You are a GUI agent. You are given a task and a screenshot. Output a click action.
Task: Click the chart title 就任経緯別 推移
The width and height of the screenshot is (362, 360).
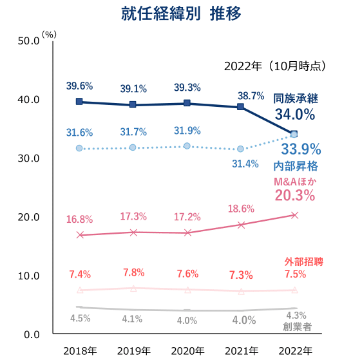point(181,14)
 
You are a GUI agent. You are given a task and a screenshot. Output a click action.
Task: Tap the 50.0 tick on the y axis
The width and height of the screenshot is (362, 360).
point(28,41)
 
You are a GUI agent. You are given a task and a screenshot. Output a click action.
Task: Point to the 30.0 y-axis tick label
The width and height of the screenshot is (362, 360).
point(28,158)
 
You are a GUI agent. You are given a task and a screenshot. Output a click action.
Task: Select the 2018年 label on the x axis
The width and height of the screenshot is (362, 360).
point(80,351)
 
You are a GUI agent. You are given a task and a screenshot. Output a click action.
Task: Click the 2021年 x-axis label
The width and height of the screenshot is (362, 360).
point(242,351)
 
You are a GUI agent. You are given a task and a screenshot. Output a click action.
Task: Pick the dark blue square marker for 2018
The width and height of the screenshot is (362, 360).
point(79,102)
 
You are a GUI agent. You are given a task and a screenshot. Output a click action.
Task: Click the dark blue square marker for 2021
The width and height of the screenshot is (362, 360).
point(240,107)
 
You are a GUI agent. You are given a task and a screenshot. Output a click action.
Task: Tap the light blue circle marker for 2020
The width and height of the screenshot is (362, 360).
point(187,146)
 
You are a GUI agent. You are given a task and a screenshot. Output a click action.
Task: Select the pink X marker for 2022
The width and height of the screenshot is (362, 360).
point(294,215)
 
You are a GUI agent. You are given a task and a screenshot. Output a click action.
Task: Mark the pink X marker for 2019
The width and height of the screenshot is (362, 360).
point(133,232)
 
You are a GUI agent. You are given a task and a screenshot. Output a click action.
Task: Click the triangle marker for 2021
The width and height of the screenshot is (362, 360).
point(242,292)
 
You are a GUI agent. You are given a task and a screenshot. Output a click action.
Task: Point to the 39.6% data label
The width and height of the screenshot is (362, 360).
point(79,86)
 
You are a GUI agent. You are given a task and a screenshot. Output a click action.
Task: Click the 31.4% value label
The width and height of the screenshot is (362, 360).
point(245,164)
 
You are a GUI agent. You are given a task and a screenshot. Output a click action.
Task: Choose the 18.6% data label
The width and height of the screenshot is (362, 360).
point(241,209)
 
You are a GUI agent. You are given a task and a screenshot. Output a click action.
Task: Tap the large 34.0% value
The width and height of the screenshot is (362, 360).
point(295,114)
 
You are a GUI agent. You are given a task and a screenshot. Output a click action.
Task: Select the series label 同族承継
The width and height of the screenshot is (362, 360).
point(296,99)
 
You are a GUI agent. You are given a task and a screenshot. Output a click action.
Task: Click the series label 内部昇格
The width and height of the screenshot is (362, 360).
point(296,166)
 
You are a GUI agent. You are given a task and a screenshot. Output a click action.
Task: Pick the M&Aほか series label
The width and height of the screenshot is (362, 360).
point(295,182)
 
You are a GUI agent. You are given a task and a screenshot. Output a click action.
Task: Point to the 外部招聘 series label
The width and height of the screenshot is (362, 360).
point(303,261)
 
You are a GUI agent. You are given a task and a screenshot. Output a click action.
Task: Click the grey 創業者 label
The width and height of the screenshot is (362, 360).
point(298,327)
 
